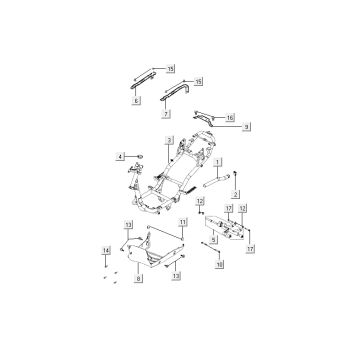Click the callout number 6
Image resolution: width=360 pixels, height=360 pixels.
tap(137, 102)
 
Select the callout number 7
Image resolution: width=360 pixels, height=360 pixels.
tap(166, 114)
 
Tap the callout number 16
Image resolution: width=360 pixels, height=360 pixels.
tap(230, 117)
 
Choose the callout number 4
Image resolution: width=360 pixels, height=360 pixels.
tap(122, 156)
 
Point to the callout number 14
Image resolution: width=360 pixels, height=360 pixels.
tap(107, 250)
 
